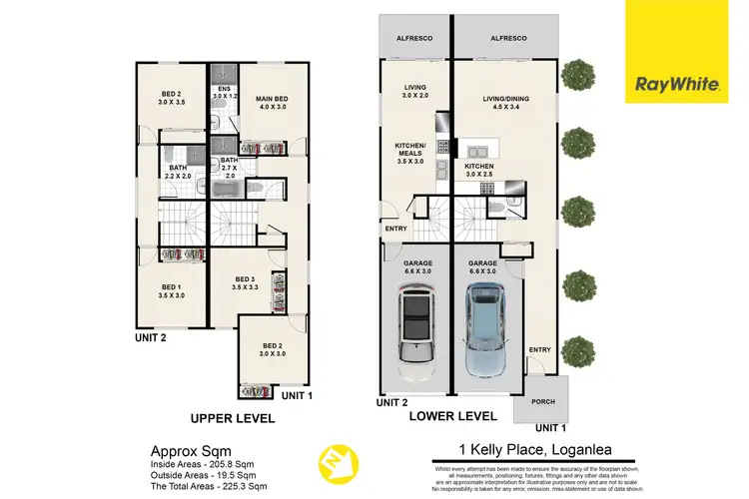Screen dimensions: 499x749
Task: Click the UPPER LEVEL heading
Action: tap(233, 418)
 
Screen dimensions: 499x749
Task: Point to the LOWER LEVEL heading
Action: tap(454, 415)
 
